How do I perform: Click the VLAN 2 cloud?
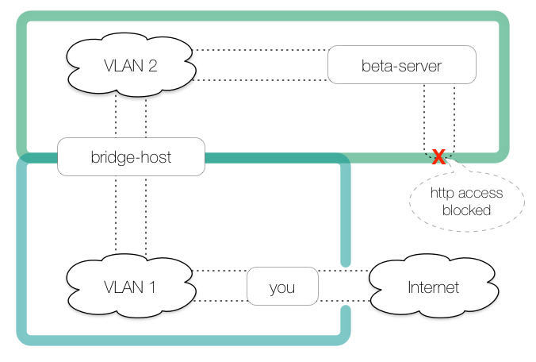(131, 65)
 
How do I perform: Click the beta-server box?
(401, 65)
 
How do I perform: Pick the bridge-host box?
(131, 157)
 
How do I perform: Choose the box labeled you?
(282, 287)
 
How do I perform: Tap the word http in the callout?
(443, 193)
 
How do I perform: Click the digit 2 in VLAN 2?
(151, 65)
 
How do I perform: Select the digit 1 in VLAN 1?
(151, 287)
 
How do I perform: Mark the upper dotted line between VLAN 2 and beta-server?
(262, 50)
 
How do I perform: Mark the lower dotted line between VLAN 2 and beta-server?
(262, 80)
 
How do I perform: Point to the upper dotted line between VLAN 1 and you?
(220, 271)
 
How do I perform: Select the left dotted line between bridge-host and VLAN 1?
(116, 214)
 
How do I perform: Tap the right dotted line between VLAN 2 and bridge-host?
(147, 115)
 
